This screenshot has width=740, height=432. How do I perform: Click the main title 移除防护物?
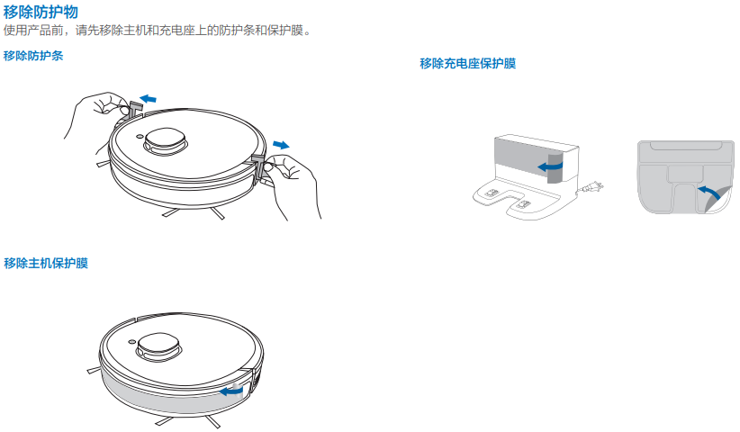(41, 12)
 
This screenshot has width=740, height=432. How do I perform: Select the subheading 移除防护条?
(33, 56)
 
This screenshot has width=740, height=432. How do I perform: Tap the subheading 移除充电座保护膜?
(468, 64)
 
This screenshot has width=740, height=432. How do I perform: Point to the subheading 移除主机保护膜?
(46, 263)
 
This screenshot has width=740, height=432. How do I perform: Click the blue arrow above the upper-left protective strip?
(149, 99)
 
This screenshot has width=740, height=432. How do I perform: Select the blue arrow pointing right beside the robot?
(281, 145)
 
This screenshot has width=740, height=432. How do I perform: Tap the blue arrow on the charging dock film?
(550, 166)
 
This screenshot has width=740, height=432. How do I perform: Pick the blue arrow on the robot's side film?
(231, 391)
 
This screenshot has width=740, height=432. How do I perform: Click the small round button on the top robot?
(140, 137)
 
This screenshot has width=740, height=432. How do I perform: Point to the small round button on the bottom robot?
(132, 342)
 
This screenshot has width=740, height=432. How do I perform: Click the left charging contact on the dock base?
(492, 193)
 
